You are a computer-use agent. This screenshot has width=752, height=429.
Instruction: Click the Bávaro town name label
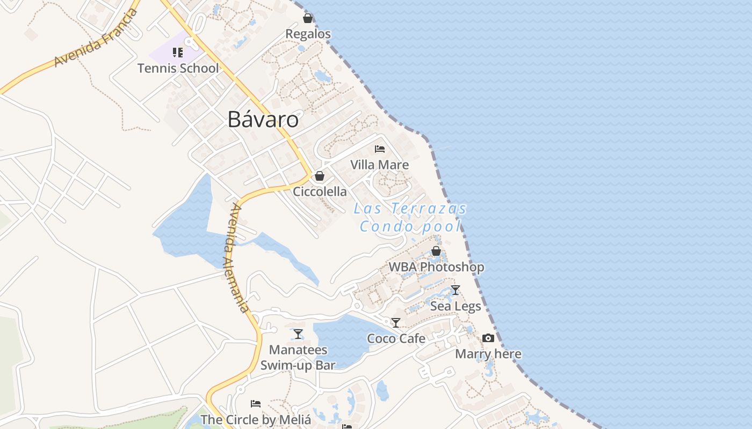[x=263, y=119]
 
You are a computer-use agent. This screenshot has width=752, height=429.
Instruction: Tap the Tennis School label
[x=178, y=68]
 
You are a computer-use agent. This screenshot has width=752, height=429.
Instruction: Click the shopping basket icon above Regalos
[x=308, y=19]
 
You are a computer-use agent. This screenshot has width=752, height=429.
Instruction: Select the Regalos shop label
[x=308, y=34]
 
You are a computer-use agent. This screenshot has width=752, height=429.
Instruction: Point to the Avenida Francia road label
[x=96, y=38]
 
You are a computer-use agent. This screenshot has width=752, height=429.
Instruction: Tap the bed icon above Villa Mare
[x=380, y=149]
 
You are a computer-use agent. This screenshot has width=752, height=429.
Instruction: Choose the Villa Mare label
[x=379, y=165]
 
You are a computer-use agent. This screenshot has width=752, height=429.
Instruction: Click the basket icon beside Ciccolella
[x=320, y=176]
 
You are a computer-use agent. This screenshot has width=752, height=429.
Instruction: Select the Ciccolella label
[x=320, y=191]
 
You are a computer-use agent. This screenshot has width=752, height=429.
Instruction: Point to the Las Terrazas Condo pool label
[x=410, y=217]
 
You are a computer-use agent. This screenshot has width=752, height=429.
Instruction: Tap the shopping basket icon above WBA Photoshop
[x=436, y=251]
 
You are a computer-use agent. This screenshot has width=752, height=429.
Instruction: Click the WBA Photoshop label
[x=436, y=267]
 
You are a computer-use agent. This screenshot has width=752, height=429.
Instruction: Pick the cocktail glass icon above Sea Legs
[x=455, y=290]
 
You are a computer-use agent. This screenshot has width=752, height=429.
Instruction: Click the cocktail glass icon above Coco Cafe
[x=396, y=323]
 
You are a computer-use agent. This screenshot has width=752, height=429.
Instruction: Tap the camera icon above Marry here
[x=488, y=338]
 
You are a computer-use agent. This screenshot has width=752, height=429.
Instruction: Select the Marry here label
[x=488, y=354]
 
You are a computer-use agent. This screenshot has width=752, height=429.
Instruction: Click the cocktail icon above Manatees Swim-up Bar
[x=298, y=334]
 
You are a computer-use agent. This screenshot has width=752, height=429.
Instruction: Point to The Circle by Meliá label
[x=256, y=419]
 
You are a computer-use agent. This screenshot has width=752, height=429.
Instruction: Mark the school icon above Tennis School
[x=177, y=53]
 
